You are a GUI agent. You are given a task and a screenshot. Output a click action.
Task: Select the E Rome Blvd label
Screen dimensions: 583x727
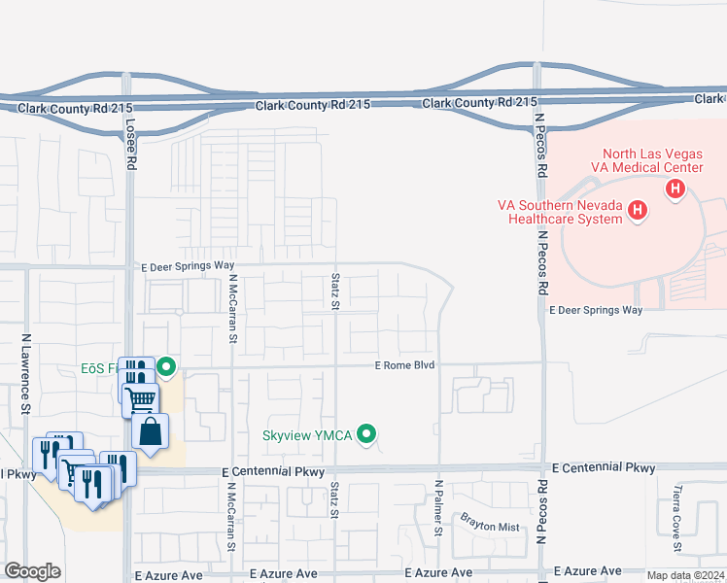pyautogui.click(x=404, y=365)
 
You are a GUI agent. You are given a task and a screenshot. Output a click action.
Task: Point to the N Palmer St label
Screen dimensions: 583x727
pyautogui.click(x=438, y=507)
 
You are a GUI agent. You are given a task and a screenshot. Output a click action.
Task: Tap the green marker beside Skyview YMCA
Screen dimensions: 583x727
pyautogui.click(x=366, y=434)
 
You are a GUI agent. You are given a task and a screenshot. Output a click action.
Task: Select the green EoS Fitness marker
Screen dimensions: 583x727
pyautogui.click(x=166, y=367)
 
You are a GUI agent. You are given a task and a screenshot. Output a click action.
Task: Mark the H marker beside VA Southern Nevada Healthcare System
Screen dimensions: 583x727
pyautogui.click(x=638, y=209)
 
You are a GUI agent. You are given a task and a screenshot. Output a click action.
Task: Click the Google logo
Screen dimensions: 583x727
pyautogui.click(x=32, y=571)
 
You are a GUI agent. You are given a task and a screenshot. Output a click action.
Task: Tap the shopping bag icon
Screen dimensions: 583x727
pyautogui.click(x=151, y=431)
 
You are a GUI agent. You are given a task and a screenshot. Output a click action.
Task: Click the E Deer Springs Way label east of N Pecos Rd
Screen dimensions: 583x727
pyautogui.click(x=597, y=310)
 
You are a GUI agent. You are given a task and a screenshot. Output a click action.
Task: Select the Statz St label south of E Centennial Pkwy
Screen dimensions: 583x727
pyautogui.click(x=334, y=499)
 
